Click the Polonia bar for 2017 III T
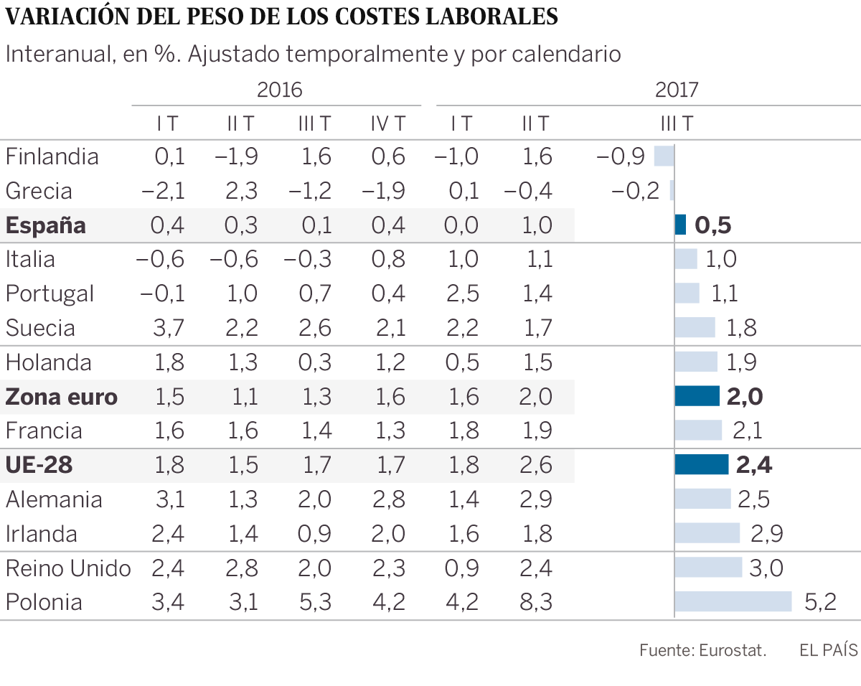pyautogui.click(x=733, y=601)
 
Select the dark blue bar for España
pyautogui.click(x=680, y=225)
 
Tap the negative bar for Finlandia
pyautogui.click(x=664, y=156)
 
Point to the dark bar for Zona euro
pyautogui.click(x=697, y=396)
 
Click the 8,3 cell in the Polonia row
pyautogui.click(x=537, y=601)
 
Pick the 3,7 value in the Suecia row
pyautogui.click(x=168, y=328)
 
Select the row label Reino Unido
pyautogui.click(x=67, y=568)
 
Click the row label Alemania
pyautogui.click(x=54, y=499)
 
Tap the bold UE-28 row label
pyautogui.click(x=39, y=465)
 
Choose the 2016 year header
pyautogui.click(x=279, y=90)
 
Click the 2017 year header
pyautogui.click(x=677, y=90)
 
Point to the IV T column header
pyautogui.click(x=387, y=123)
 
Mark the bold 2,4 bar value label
pyautogui.click(x=753, y=465)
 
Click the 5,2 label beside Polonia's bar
pyautogui.click(x=820, y=601)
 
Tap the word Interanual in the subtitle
pyautogui.click(x=54, y=54)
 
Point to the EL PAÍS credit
pyautogui.click(x=828, y=650)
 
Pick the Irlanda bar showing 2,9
pyautogui.click(x=707, y=533)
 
